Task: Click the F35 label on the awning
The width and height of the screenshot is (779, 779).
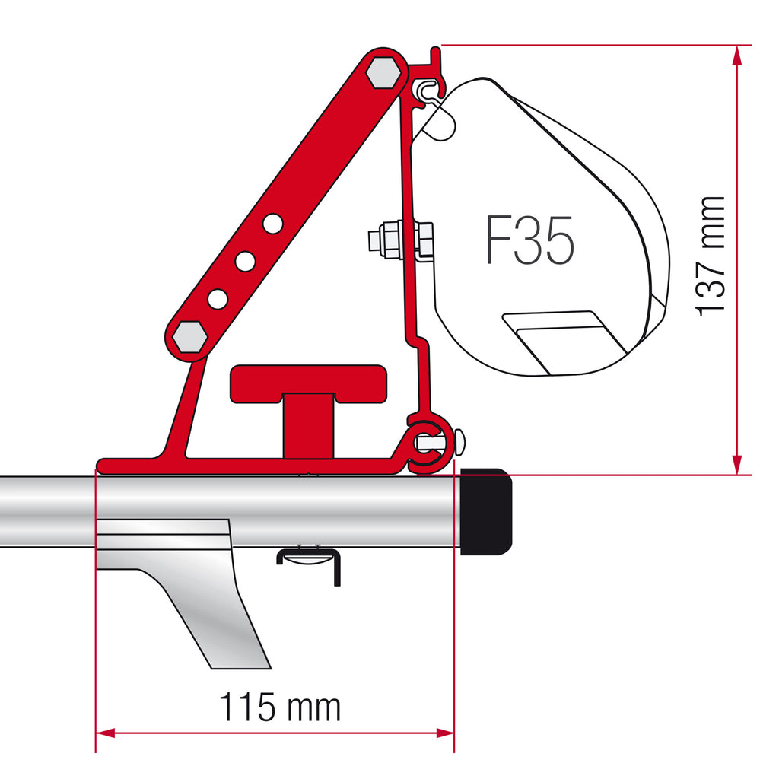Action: tap(529, 240)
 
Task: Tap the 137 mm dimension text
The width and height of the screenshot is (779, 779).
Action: tap(710, 256)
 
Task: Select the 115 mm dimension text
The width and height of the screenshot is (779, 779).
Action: tap(280, 707)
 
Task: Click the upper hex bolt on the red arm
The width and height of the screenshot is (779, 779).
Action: tap(383, 73)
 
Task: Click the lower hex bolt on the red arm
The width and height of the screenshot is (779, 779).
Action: tap(189, 337)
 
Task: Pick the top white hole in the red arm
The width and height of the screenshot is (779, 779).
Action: tap(273, 224)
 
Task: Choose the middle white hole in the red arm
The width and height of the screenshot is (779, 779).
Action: tap(245, 262)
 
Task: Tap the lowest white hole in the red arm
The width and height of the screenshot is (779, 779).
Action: tap(218, 299)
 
